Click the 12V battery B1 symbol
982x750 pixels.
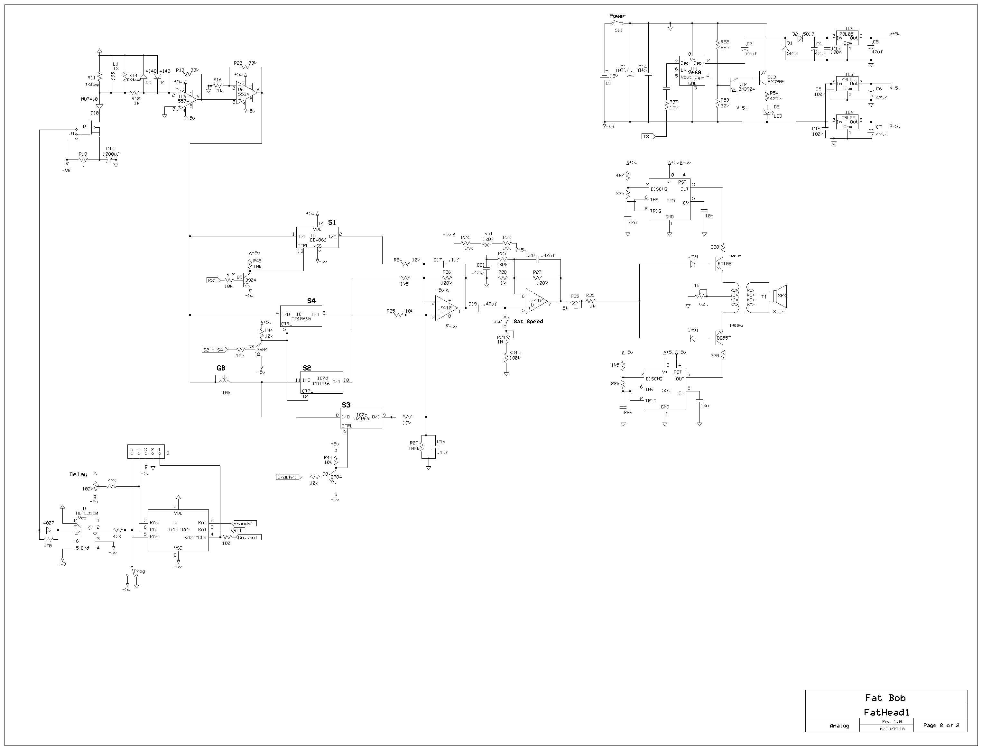605,76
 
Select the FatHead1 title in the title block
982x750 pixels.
886,712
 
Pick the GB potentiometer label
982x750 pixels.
221,368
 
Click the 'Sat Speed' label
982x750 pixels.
528,321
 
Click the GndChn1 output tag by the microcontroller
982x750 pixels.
249,537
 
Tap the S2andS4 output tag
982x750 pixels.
244,523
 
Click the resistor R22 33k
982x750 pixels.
245,67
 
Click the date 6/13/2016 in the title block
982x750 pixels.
892,728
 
